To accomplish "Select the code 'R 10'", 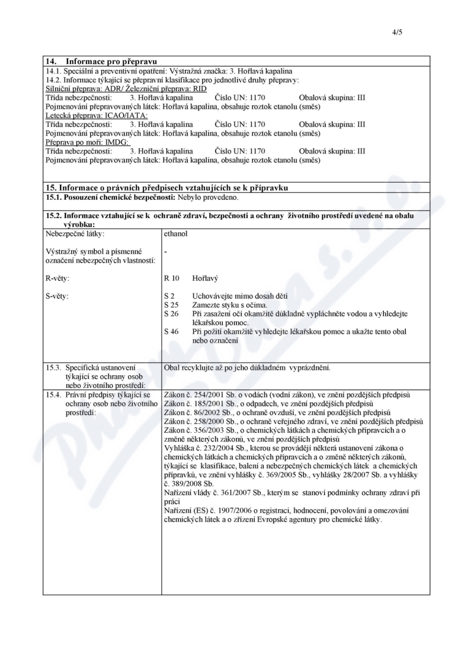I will (172, 277).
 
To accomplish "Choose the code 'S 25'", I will (171, 304).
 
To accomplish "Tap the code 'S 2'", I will (169, 295).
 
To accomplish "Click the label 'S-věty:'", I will (58, 295).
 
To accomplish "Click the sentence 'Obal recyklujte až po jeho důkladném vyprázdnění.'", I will (247, 367).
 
